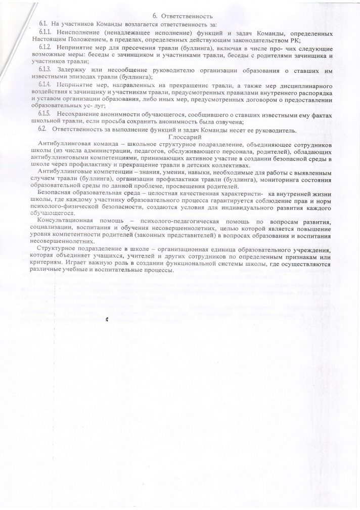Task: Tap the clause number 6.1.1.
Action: [46, 33]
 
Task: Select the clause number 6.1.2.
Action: [47, 47]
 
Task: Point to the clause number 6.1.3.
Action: [47, 68]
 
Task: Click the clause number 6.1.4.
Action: [47, 83]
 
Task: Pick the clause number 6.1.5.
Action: [47, 115]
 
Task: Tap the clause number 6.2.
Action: [43, 130]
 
